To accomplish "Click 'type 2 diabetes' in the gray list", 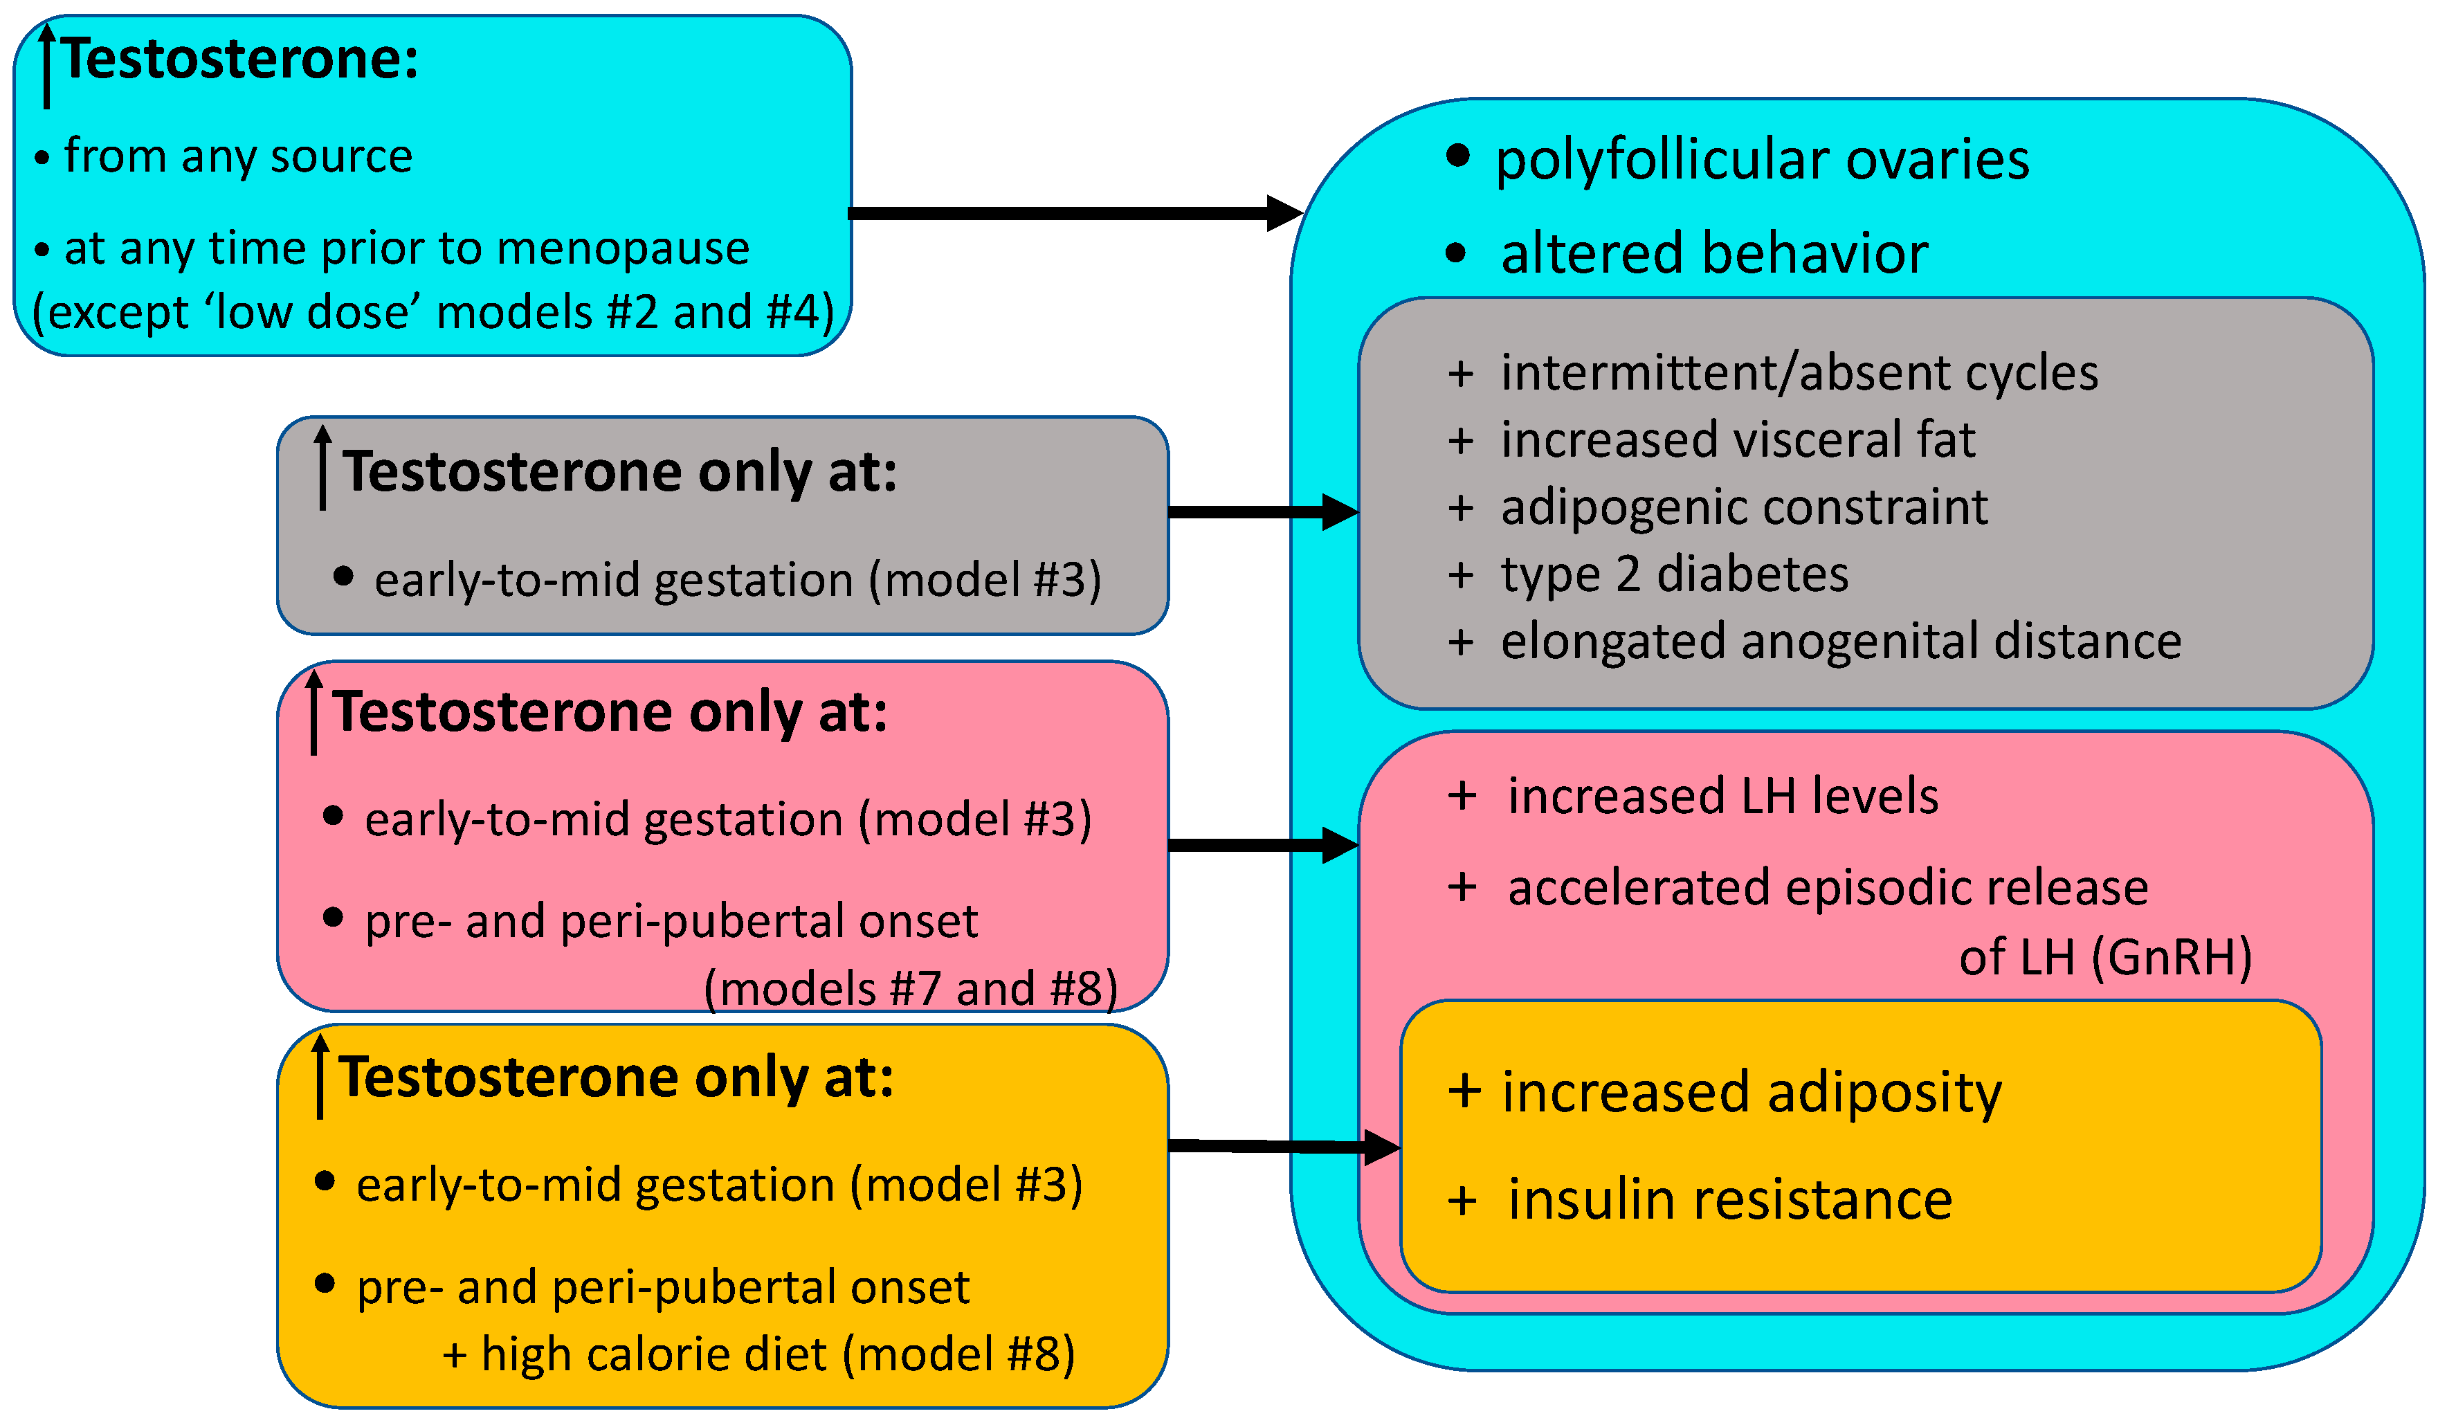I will click(x=1674, y=574).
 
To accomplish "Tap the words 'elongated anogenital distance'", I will click(x=1840, y=642).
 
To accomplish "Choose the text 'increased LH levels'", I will click(x=1722, y=797).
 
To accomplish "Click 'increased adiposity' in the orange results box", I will click(x=1751, y=1093).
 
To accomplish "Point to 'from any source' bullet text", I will click(x=238, y=156).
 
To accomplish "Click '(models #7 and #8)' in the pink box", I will click(x=909, y=989).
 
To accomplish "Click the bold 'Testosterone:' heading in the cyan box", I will click(x=240, y=60).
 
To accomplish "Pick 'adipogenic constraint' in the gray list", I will click(x=1743, y=508).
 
